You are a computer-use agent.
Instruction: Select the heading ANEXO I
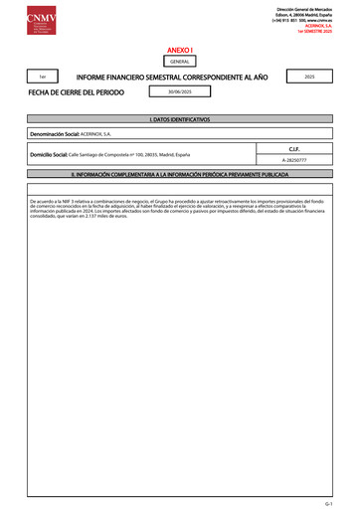point(180,49)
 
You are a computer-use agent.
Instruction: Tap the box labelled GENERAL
point(180,61)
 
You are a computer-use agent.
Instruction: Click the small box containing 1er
point(42,77)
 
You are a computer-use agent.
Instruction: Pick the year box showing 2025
point(308,77)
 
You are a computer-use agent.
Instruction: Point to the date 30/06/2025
point(169,92)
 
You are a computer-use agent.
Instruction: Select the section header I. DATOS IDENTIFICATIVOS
point(180,118)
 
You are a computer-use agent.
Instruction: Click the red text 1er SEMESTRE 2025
point(322,33)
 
